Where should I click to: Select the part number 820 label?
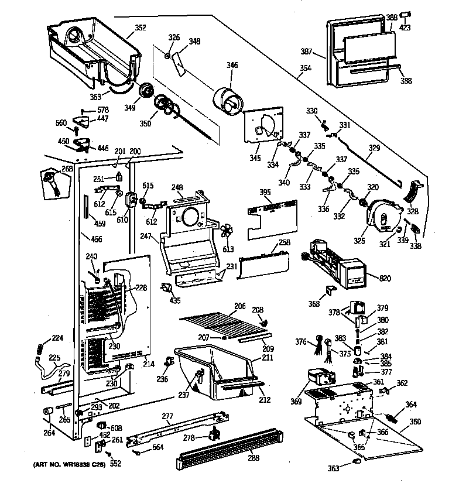385,279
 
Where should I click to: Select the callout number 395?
265,192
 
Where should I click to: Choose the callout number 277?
167,416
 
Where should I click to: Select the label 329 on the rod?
375,149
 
